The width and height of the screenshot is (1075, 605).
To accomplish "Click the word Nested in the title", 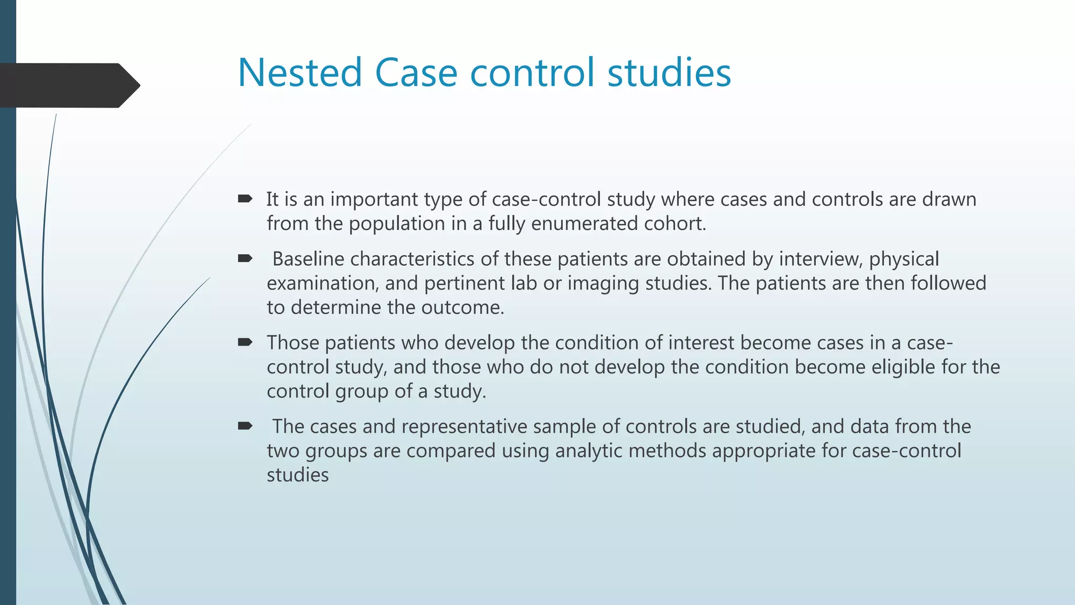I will [300, 72].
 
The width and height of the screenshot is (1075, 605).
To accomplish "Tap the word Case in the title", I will [416, 72].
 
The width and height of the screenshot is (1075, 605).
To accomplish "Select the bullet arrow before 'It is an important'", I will [245, 199].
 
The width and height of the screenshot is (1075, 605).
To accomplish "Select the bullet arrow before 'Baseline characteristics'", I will [245, 258].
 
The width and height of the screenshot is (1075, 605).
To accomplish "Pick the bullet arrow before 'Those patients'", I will [245, 342].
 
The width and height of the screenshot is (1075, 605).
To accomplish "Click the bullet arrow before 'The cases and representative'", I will [245, 426].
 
